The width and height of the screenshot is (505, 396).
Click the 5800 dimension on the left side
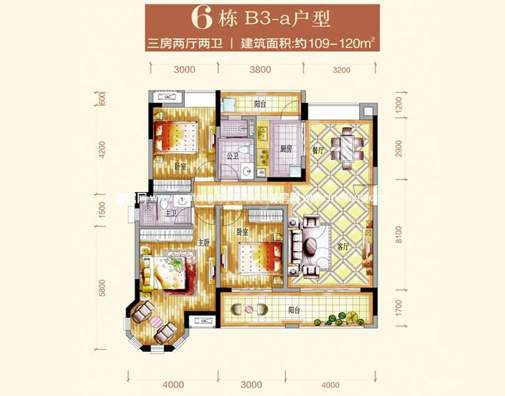pyautogui.click(x=102, y=287)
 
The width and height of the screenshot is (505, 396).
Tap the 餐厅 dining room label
pyautogui.click(x=318, y=151)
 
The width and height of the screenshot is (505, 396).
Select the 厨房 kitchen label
pyautogui.click(x=284, y=150)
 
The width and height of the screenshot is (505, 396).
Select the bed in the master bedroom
pyautogui.click(x=165, y=273)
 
